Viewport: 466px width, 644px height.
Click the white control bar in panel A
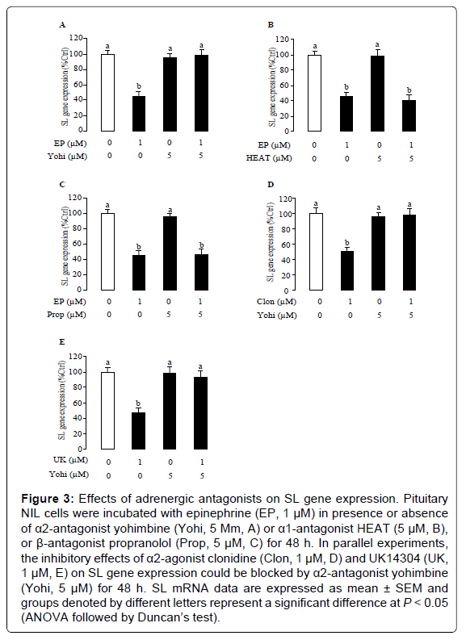107,93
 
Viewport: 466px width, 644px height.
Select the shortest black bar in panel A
139,114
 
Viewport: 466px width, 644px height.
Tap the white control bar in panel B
314,94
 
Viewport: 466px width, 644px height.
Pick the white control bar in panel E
107,411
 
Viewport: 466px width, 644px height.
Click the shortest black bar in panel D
347,270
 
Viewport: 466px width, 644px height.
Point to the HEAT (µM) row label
269,158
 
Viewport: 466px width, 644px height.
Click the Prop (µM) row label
66,315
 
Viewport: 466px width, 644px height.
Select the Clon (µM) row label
276,302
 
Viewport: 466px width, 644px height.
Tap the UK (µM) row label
70,460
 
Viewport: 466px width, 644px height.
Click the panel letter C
62,185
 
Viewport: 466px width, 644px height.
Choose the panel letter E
62,342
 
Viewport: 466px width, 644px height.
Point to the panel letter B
271,25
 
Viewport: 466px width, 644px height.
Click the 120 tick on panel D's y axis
284,199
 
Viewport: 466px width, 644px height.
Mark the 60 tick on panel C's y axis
78,244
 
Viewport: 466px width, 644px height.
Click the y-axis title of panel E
62,400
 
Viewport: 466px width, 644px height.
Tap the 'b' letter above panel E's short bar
138,404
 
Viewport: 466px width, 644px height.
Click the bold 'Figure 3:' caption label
48,499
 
